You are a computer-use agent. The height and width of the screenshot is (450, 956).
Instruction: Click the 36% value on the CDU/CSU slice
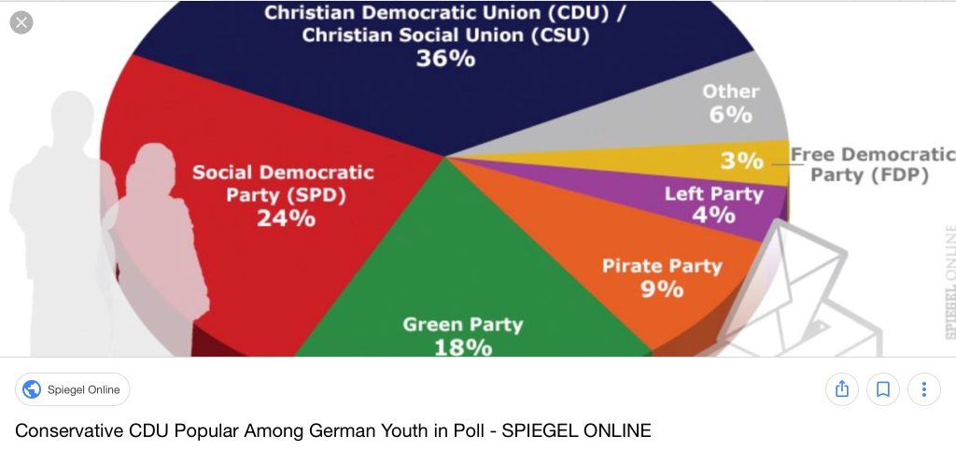point(445,58)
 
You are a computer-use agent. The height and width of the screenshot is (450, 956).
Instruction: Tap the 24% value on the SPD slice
point(286,218)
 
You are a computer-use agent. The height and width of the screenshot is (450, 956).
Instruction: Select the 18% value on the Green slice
point(462,347)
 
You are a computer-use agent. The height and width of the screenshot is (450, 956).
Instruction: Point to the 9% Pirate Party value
point(661,288)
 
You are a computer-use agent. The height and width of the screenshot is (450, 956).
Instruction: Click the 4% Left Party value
point(713,216)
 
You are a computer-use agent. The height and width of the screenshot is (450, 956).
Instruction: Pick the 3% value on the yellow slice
point(741,161)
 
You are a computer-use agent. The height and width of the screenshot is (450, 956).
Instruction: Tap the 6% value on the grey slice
point(730,115)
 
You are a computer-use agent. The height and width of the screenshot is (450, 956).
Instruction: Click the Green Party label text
point(462,325)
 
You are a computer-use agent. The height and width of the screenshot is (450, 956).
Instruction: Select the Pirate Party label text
point(661,266)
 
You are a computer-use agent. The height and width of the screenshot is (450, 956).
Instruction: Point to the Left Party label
point(713,194)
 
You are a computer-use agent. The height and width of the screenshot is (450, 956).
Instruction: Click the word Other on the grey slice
point(730,91)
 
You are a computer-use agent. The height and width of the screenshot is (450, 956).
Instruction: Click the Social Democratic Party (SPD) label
point(284,184)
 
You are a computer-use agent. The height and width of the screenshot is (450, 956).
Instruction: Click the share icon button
point(841,388)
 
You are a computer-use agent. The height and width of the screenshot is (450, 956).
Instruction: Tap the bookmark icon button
point(882,388)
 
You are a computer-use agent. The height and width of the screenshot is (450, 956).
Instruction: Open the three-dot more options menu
point(923,388)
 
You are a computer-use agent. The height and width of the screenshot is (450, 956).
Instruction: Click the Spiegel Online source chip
point(73,389)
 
